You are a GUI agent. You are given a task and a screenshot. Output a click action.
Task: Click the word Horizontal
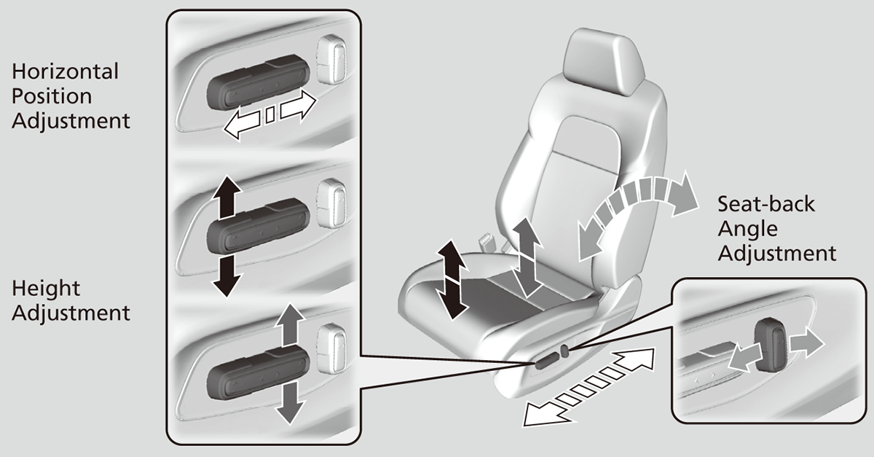(65, 71)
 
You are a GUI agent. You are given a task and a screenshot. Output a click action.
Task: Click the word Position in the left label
(52, 95)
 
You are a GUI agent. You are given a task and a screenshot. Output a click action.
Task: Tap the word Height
(47, 289)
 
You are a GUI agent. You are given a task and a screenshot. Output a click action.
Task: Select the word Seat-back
(766, 203)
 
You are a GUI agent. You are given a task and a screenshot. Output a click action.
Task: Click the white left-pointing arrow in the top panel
(243, 122)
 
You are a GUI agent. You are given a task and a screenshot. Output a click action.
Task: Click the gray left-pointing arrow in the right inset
(743, 357)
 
